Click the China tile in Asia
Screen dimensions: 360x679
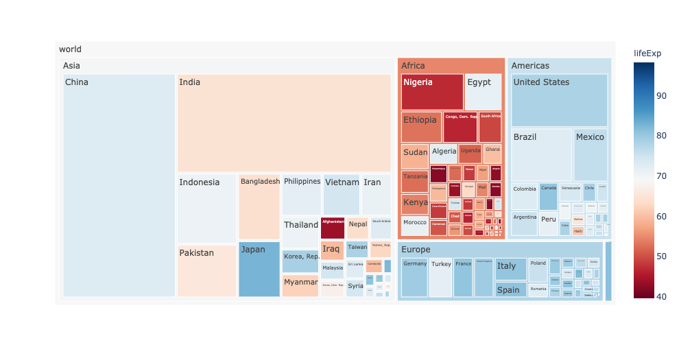pos(119,185)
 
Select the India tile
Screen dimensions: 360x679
pos(284,123)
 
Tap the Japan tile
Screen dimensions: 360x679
pos(259,269)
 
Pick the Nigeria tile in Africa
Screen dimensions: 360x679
pos(432,92)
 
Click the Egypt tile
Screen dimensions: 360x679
pos(483,92)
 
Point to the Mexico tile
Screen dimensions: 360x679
pos(590,155)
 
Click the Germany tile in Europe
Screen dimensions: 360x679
pos(414,278)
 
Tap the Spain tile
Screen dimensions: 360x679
pos(511,289)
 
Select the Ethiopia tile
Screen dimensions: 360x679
pos(421,127)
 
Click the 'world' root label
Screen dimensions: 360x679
pos(70,49)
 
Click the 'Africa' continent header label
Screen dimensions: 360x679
pos(413,66)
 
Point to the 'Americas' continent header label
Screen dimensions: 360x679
pos(530,66)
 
